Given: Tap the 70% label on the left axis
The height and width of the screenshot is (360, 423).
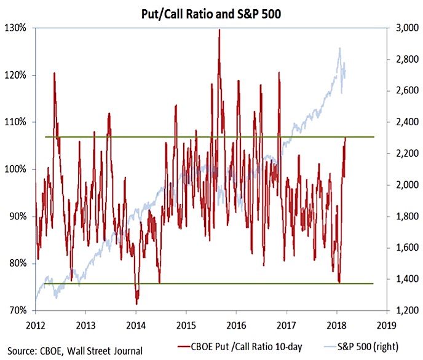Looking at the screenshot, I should (18, 311).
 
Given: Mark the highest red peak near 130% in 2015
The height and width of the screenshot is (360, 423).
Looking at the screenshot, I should (219, 30).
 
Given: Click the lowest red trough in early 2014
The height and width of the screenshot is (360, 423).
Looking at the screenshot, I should (137, 303).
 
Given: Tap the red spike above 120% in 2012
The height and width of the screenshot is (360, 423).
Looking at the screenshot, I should (55, 73).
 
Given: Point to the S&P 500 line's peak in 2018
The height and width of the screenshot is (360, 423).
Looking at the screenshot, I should (339, 48).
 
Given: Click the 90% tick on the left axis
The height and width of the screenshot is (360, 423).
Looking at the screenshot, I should (18, 216).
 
